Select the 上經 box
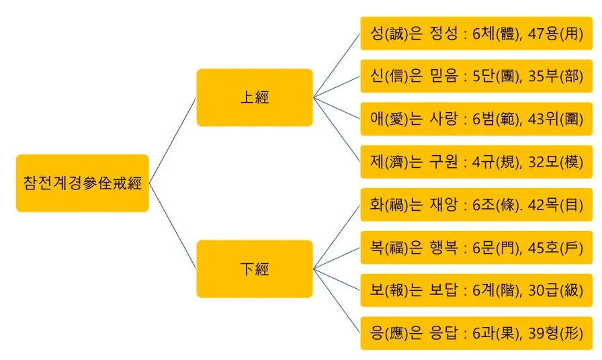254,97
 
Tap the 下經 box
254,269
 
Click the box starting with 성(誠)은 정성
476,34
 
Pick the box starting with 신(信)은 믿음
476,76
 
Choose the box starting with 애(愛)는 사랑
476,119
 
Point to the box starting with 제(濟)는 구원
476,162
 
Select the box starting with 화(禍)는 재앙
476,205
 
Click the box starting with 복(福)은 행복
476,248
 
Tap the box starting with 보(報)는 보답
476,290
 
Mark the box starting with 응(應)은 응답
476,333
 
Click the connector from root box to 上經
172,140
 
